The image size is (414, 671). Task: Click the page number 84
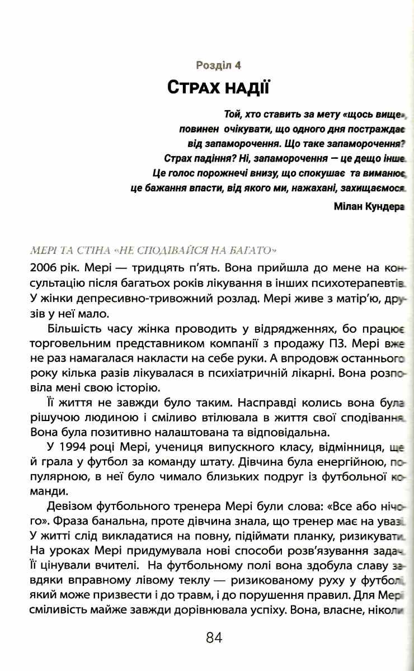[214, 637]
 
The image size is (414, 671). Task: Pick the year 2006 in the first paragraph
[44, 264]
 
